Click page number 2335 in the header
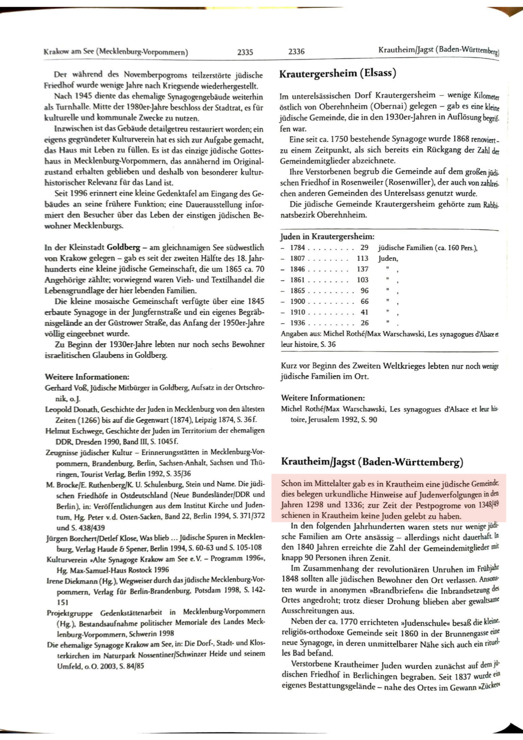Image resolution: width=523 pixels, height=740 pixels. pos(245,52)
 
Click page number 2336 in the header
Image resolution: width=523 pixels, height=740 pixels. pos(296,51)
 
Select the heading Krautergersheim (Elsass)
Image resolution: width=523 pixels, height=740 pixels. pos(338,73)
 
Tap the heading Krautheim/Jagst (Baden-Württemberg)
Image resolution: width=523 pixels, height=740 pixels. pos(372,462)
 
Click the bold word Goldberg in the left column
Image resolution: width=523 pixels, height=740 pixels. pos(123,247)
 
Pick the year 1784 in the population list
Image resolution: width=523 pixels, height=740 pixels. pos(297,247)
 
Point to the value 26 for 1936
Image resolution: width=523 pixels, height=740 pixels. pos(364,323)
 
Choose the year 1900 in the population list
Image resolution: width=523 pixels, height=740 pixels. pos(297,301)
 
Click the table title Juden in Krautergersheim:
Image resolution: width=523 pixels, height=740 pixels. pos(327,236)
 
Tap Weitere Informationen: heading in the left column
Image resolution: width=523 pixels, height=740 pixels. pos(87,376)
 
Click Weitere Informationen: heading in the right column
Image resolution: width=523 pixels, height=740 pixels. pos(323,398)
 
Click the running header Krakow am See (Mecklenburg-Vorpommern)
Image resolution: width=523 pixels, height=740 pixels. pos(116,52)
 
